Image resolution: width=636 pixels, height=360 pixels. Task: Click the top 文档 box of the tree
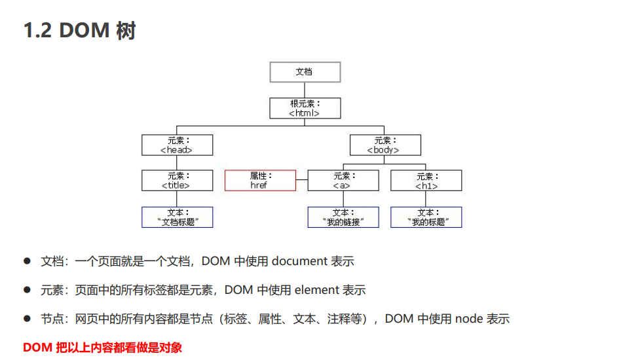click(305, 72)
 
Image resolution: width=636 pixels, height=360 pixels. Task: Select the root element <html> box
click(305, 108)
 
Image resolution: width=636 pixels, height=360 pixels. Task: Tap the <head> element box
click(177, 145)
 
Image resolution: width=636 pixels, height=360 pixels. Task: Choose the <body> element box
click(385, 145)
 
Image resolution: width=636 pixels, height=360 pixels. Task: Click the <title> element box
click(177, 181)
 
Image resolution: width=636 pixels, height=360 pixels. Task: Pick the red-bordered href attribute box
click(260, 181)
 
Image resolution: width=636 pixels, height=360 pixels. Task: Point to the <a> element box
click(343, 181)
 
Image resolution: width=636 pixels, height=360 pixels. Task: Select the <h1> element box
click(426, 181)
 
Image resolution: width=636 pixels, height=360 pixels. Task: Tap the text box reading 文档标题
click(177, 217)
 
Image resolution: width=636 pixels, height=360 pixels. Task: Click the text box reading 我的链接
click(343, 217)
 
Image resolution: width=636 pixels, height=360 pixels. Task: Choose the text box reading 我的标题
click(426, 217)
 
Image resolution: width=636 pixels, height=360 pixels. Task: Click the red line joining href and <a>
click(301, 179)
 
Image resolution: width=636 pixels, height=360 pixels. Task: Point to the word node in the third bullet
click(469, 319)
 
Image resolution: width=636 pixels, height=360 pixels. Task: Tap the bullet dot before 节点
click(28, 318)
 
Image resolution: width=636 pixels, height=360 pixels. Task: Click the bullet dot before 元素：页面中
click(28, 289)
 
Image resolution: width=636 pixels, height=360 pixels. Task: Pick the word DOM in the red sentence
click(37, 348)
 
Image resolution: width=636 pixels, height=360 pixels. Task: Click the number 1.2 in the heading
click(37, 31)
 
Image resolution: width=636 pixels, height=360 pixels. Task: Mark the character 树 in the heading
click(125, 31)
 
